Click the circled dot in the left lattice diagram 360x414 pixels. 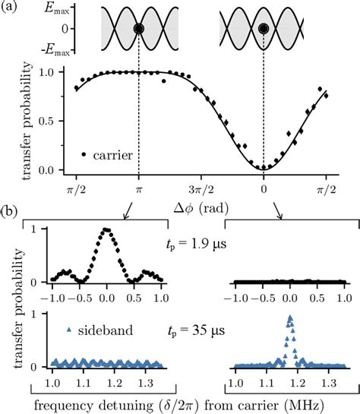tap(138, 30)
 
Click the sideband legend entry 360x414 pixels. tap(97, 332)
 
